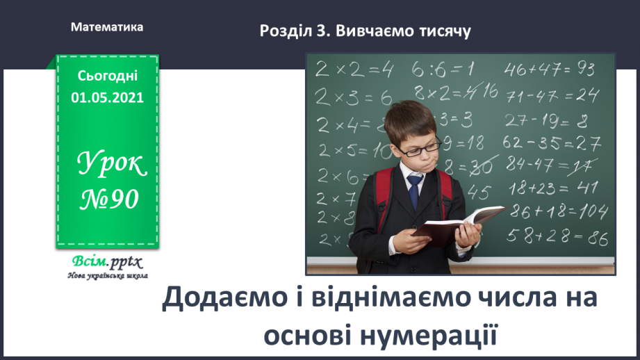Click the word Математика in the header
(x=107, y=28)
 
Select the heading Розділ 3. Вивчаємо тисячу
(x=365, y=31)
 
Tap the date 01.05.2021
(x=107, y=97)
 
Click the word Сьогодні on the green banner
(x=107, y=76)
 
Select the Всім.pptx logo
(x=106, y=263)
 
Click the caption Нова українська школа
(x=106, y=276)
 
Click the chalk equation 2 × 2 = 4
(x=354, y=69)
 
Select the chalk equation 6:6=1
(x=443, y=68)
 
